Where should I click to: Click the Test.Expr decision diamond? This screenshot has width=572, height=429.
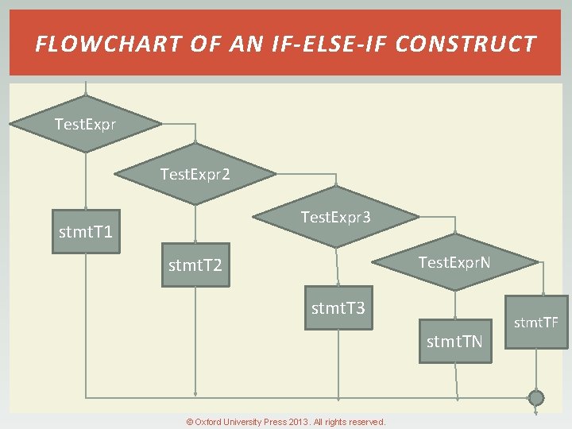(x=86, y=125)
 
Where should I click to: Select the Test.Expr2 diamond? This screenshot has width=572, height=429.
(x=195, y=173)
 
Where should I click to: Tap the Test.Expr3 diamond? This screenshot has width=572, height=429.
(x=335, y=217)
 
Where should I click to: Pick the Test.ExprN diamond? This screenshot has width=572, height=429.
(x=454, y=261)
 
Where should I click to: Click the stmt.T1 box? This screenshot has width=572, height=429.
(x=86, y=232)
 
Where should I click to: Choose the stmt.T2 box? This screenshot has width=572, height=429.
(x=195, y=265)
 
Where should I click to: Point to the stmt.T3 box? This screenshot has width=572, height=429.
(x=338, y=307)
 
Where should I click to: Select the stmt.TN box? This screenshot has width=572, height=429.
(x=455, y=342)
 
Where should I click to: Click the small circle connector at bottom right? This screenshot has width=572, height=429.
(x=536, y=397)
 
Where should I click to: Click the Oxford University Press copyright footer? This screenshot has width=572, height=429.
(x=286, y=422)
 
